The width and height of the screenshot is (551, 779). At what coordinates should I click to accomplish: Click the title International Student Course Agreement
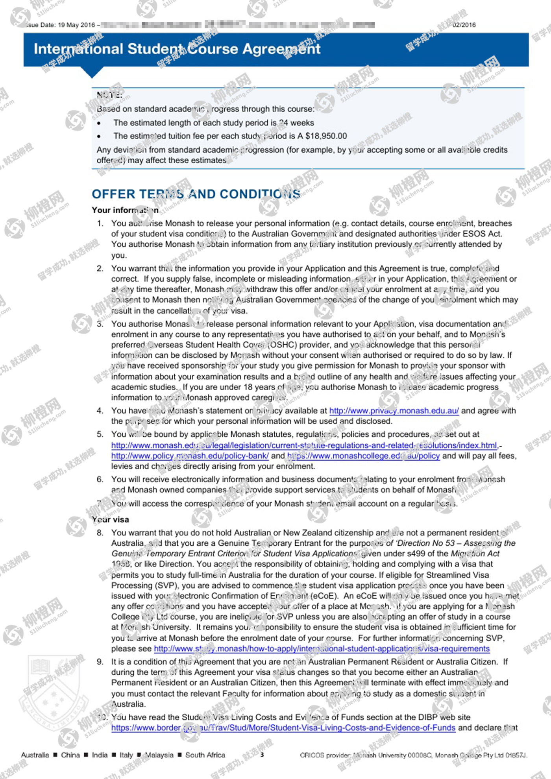[177, 49]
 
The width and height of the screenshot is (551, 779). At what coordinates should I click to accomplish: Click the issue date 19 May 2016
[76, 25]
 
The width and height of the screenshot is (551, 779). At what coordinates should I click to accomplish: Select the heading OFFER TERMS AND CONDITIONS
[196, 194]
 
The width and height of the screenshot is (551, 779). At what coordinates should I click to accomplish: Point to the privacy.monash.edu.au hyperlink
[394, 411]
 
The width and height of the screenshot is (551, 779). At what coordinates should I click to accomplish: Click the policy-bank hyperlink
[190, 456]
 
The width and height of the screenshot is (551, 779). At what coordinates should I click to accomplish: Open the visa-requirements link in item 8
[322, 648]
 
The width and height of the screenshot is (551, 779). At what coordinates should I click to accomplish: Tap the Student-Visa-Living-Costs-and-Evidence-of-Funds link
[283, 727]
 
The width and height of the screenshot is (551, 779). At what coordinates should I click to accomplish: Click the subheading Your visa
[110, 519]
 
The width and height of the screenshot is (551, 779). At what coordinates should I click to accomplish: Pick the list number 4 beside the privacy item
[100, 411]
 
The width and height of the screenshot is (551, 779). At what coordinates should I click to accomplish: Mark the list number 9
[100, 662]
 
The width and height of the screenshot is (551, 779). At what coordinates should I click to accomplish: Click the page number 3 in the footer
[262, 755]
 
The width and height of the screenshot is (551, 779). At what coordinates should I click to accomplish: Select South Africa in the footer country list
[205, 755]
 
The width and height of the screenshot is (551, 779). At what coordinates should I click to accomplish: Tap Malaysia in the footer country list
[159, 755]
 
